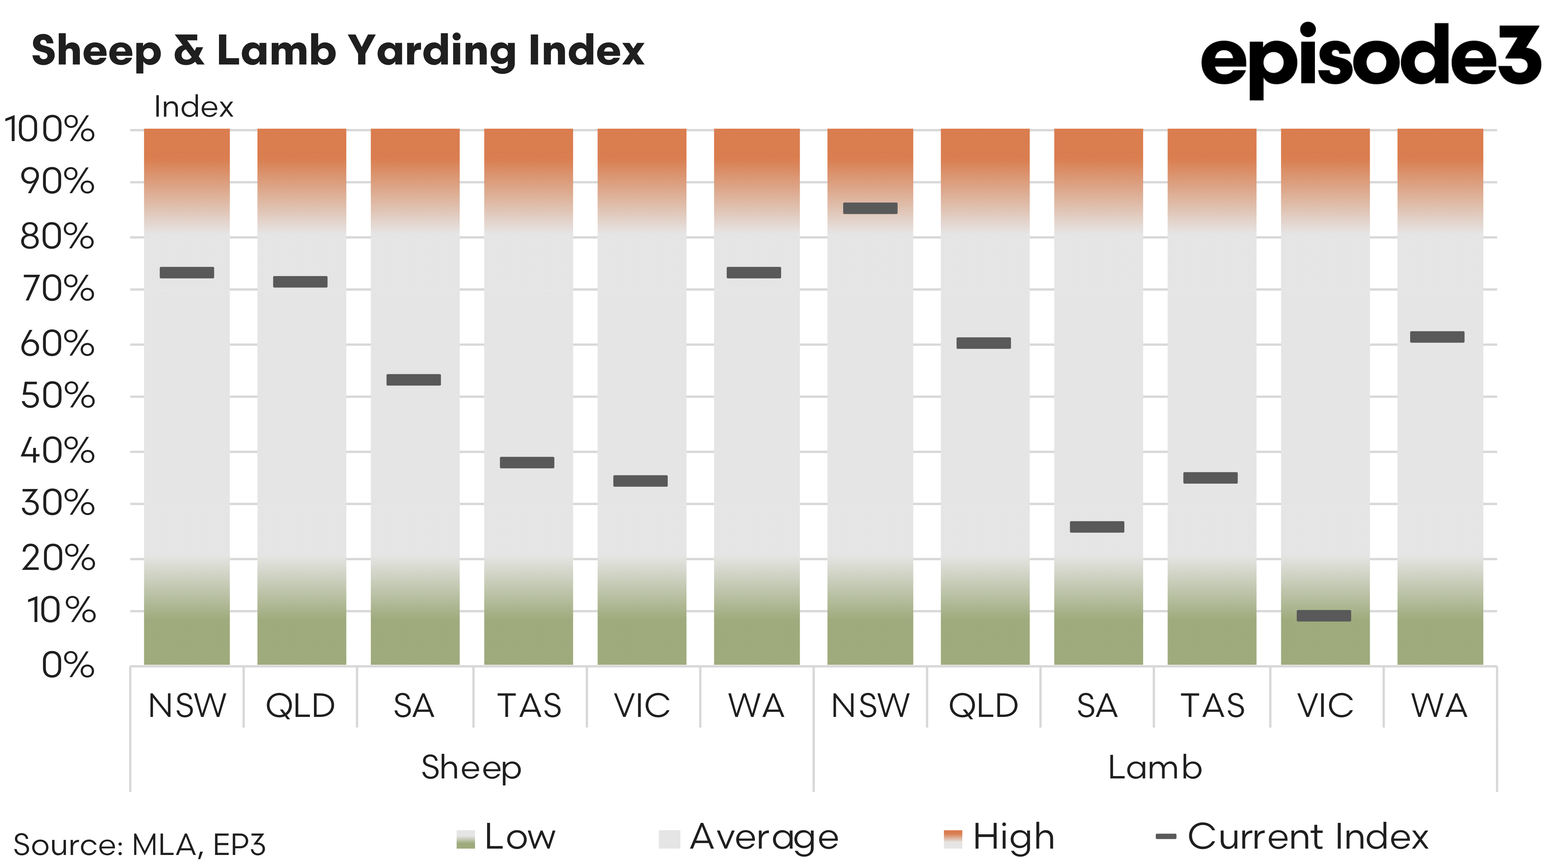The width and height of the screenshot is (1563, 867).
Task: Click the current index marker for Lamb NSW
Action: (x=870, y=208)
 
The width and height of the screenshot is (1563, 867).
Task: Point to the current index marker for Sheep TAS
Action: (x=527, y=462)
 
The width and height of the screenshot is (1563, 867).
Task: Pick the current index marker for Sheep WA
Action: (x=754, y=272)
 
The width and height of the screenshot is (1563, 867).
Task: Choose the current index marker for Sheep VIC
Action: (x=640, y=481)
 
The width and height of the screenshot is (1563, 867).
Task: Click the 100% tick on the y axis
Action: (x=50, y=129)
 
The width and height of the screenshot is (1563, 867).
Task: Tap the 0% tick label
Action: (x=68, y=665)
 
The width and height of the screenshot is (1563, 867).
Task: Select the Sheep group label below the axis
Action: (x=471, y=767)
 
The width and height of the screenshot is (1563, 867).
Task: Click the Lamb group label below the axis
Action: (x=1155, y=767)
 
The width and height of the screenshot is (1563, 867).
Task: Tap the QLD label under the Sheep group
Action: (x=300, y=706)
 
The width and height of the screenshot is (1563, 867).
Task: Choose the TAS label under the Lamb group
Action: (x=1212, y=706)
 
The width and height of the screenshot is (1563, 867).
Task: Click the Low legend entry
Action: (x=507, y=837)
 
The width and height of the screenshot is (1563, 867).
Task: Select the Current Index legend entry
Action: (x=1293, y=837)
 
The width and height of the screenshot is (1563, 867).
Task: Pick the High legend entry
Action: (x=999, y=837)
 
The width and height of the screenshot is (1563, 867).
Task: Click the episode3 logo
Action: (x=1370, y=57)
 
